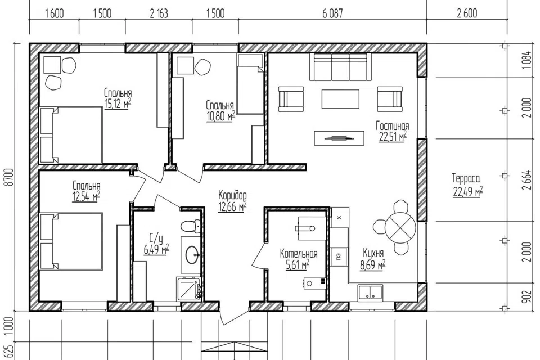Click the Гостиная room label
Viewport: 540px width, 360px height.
point(392,126)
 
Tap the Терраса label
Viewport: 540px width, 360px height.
point(466,178)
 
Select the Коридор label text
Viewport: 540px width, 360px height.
point(232,195)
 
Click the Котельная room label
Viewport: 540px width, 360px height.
point(298,254)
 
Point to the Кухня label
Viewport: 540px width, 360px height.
point(373,253)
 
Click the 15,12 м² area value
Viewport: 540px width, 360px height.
point(118,103)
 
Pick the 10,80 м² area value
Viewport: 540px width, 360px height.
point(220,116)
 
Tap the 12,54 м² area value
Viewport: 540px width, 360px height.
point(86,196)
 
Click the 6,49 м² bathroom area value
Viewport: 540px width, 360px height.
point(156,249)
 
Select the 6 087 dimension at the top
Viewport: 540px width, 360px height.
point(332,13)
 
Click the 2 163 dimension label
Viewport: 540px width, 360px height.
point(159,13)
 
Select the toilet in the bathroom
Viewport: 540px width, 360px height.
point(191,226)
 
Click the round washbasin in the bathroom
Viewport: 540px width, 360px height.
point(192,255)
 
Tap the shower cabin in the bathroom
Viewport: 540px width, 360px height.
point(189,289)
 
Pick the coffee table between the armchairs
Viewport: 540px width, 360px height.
point(341,99)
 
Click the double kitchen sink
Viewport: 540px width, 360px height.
point(370,292)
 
